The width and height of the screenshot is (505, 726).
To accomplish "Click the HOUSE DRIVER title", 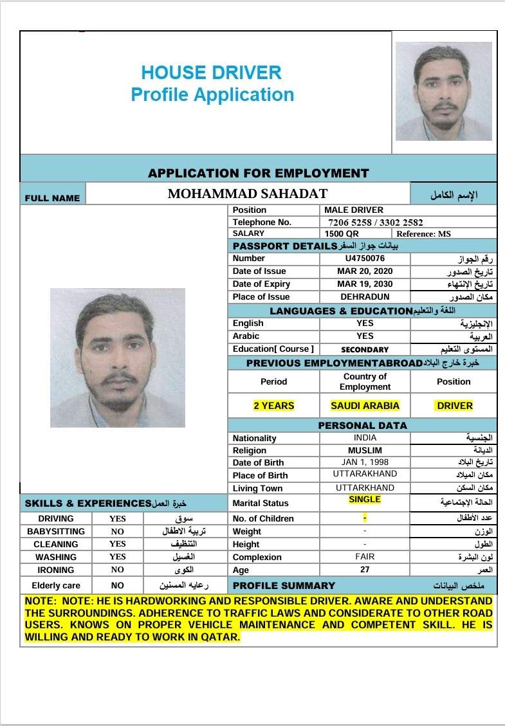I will [212, 72].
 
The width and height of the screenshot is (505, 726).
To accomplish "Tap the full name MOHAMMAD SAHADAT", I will [248, 194].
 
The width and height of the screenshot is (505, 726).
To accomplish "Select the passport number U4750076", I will [365, 259].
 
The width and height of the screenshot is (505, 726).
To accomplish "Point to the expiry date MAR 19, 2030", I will [365, 284].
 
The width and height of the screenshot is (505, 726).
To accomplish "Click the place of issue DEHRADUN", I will [365, 297].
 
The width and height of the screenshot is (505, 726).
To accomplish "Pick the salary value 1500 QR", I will [342, 234].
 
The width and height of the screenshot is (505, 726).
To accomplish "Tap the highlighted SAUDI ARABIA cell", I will [365, 406].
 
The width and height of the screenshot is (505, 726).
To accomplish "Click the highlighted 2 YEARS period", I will [273, 406].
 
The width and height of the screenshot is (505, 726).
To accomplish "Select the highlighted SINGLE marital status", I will [365, 500].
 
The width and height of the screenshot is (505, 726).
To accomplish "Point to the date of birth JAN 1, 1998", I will [365, 462].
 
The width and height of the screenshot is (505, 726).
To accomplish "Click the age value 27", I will [365, 570].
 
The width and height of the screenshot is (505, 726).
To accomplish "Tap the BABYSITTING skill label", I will [56, 532].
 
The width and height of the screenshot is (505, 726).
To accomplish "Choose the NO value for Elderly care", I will [117, 586].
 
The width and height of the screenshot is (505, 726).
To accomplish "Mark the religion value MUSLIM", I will [365, 451].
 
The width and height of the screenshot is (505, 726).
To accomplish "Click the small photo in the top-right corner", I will [443, 91].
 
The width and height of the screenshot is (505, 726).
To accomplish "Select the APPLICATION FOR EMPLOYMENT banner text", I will [259, 173].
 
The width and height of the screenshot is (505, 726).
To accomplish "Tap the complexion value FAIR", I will [365, 557].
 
